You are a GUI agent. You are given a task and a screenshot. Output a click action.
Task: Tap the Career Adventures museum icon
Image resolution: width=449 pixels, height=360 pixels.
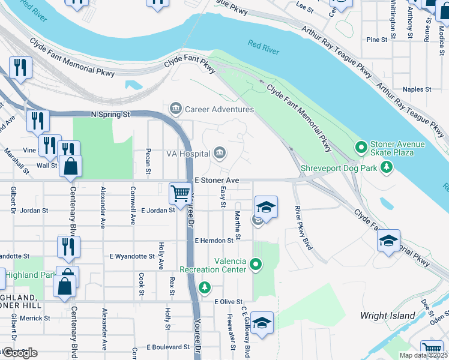coord(176,109)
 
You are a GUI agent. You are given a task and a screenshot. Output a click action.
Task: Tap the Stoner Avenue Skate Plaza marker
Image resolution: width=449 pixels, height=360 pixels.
coord(361,146)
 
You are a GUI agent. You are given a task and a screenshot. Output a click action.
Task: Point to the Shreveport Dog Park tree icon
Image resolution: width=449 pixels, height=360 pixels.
coord(388,167)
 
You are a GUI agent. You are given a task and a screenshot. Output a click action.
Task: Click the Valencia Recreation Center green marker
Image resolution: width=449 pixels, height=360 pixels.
coord(256,264)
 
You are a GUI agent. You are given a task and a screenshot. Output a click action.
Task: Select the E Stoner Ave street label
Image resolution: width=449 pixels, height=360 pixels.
coord(217,180)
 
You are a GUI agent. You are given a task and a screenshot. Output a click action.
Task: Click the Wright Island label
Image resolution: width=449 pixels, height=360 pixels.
coord(387,316)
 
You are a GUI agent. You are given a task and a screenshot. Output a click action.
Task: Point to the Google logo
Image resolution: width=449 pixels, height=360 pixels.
coord(20,352)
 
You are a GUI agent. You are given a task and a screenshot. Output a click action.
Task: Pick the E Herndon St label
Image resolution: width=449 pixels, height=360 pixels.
coord(214,241)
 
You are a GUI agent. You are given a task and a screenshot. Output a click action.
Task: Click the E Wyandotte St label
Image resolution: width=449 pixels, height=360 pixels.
coord(132,256)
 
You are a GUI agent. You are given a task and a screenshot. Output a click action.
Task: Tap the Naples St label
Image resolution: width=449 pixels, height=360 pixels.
coord(417,89)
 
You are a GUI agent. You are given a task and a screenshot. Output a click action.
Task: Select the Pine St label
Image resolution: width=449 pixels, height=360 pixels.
coord(377,40)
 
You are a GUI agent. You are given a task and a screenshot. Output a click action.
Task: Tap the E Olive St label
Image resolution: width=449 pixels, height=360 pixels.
coord(228,302)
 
